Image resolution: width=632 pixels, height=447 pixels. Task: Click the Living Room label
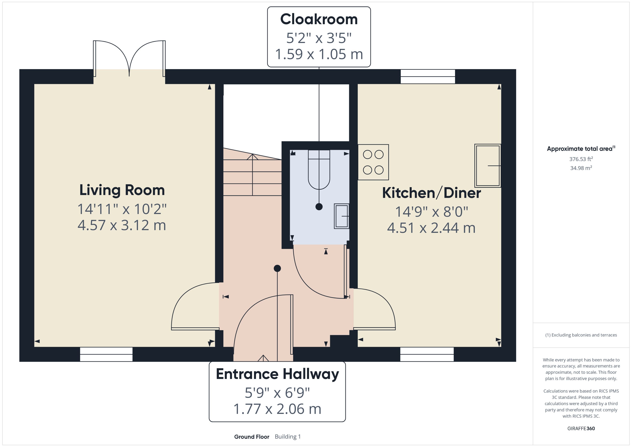pos(122,190)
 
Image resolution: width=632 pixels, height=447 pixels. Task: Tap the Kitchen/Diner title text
pos(432,193)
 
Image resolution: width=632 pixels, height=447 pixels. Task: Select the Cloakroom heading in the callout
pos(319,19)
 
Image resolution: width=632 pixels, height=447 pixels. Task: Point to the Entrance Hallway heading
pos(277,374)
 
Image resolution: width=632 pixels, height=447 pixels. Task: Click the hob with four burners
pos(373,162)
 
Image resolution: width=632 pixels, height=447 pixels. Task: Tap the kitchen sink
pos(487,166)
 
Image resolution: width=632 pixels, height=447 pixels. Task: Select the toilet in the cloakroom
pos(319,170)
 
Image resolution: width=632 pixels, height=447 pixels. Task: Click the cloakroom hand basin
pos(341,216)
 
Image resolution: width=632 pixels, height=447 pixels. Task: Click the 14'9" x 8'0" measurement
pos(432,212)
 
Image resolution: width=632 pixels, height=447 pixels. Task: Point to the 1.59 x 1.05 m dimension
pos(319,54)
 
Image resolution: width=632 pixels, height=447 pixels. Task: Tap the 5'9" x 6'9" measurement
pos(277,393)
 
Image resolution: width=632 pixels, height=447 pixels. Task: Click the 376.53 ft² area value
pos(581,159)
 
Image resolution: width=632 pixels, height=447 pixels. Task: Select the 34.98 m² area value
pos(581,168)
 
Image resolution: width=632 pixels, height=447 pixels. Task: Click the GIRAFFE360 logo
pos(581,429)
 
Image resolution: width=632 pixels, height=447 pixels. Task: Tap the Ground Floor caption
pos(252,437)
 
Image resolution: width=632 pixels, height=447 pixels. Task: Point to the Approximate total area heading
pos(581,149)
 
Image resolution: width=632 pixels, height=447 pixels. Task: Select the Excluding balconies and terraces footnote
pos(581,335)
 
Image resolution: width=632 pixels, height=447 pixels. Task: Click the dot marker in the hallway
pos(277,268)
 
